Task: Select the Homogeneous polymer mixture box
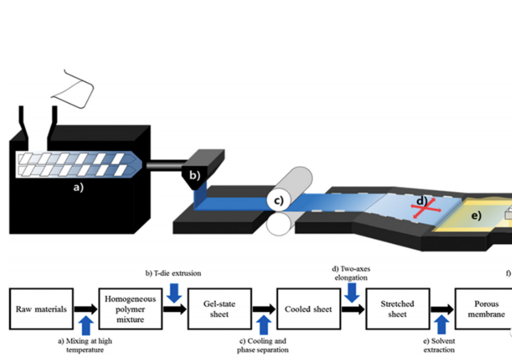point(128,309)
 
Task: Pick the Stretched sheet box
point(397,309)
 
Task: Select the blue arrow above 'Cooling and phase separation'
point(263,323)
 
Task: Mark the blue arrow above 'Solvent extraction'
point(441,323)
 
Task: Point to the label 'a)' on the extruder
point(79,190)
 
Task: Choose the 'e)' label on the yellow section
point(476,215)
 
